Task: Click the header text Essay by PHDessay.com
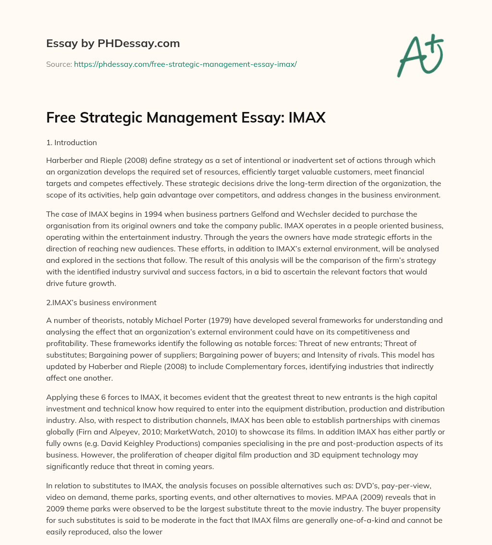[x=113, y=44]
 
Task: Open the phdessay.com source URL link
[x=185, y=64]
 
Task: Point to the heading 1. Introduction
[x=72, y=143]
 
